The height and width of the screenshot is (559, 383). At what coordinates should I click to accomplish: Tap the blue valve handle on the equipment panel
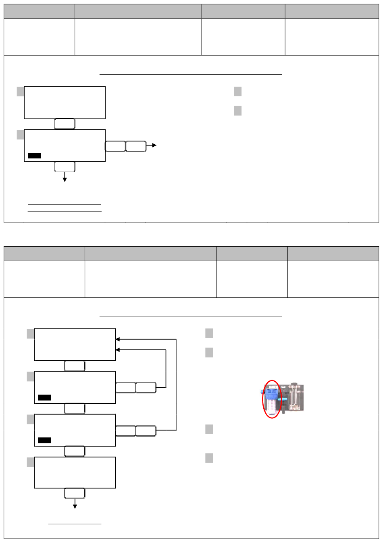tap(284, 399)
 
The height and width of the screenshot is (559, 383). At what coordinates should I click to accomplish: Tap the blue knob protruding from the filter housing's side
tap(262, 391)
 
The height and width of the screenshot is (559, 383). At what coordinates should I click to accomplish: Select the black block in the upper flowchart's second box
tap(34, 156)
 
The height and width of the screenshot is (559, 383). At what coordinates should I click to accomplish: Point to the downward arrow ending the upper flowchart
tap(65, 179)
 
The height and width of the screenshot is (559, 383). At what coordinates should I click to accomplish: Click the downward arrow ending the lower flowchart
tap(75, 505)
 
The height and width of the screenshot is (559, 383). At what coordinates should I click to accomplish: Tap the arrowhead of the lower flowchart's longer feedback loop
tap(118, 339)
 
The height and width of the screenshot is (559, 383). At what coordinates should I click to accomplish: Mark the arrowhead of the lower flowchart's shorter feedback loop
tap(118, 350)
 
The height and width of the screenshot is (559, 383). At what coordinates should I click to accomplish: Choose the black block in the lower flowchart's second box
tap(44, 398)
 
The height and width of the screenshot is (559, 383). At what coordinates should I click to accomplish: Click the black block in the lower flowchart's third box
tap(44, 441)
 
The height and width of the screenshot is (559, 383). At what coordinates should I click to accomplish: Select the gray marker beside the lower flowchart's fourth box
tap(30, 462)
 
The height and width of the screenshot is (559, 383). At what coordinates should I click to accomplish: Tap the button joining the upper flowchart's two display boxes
tap(65, 124)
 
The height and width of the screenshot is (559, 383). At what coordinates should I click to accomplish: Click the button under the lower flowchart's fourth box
tap(75, 493)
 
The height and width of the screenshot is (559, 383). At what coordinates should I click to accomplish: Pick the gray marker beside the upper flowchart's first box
tap(20, 91)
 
